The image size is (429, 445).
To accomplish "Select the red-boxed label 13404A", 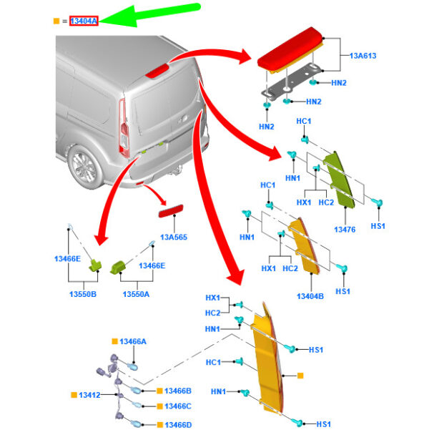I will point(83,21).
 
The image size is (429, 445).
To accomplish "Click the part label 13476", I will point(345,230).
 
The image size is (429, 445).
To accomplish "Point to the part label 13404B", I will point(309,295).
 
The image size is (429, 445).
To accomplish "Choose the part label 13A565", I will point(174,237).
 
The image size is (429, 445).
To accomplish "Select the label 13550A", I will point(136,293).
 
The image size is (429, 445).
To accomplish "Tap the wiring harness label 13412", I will point(89,395).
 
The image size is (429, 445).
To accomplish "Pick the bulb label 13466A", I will point(133,342).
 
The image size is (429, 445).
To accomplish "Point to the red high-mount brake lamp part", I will point(293,52).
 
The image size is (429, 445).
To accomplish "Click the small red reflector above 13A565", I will point(171,212).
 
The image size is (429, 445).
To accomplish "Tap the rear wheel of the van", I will point(84,166).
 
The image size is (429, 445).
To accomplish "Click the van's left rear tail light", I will point(123,128).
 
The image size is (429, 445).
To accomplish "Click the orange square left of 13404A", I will point(56,21).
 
